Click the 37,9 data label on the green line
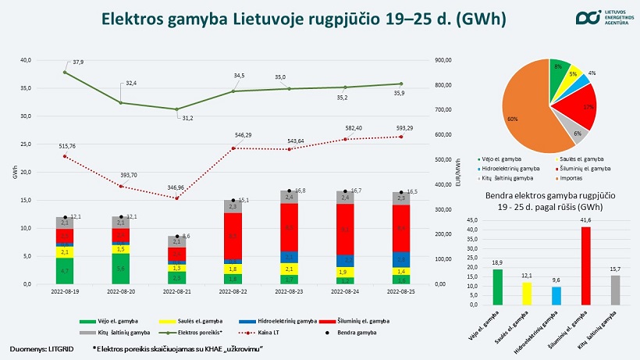(x=78, y=62)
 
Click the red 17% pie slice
(x=579, y=107)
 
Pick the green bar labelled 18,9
(x=497, y=287)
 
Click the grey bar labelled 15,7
(x=614, y=290)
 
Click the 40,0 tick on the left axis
(x=27, y=60)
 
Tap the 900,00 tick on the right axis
(x=442, y=60)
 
